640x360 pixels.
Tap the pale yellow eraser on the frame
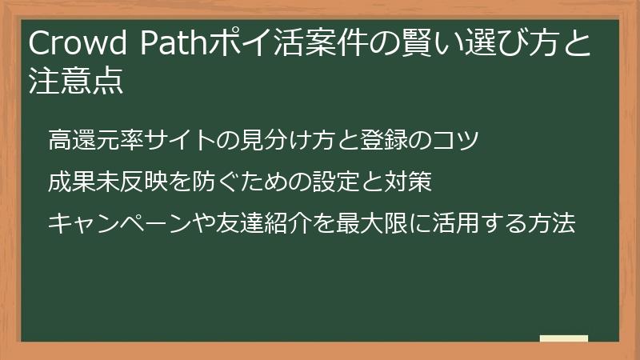(564, 338)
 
